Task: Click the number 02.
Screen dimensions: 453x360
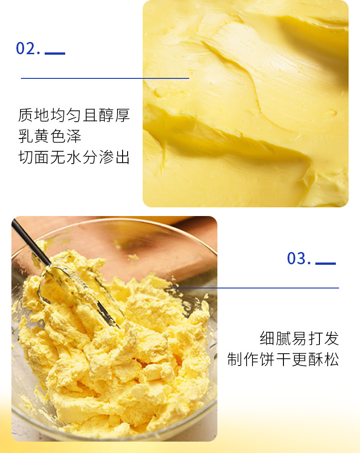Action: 28,48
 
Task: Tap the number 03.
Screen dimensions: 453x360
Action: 299,258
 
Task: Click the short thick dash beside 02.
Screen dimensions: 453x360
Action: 55,53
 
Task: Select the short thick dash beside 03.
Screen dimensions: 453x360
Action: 325,263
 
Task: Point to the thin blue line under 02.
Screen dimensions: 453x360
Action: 105,78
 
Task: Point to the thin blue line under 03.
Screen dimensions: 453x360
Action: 255,288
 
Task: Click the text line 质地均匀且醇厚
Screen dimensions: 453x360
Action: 74,115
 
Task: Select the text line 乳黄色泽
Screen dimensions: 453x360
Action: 50,136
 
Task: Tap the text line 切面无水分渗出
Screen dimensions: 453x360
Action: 74,157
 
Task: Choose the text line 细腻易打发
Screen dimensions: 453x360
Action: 299,339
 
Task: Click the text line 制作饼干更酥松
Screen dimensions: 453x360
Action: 283,360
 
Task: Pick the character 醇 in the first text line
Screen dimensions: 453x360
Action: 106,115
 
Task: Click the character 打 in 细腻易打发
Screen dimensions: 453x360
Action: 315,339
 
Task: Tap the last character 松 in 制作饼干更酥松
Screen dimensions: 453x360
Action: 331,360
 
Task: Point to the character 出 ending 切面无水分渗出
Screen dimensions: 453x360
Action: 122,157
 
